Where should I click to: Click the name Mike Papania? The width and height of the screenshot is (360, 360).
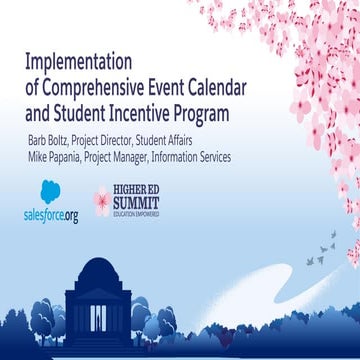(59, 157)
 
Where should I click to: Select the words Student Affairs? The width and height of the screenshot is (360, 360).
(184, 139)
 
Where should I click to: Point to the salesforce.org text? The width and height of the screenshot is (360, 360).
(50, 215)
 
